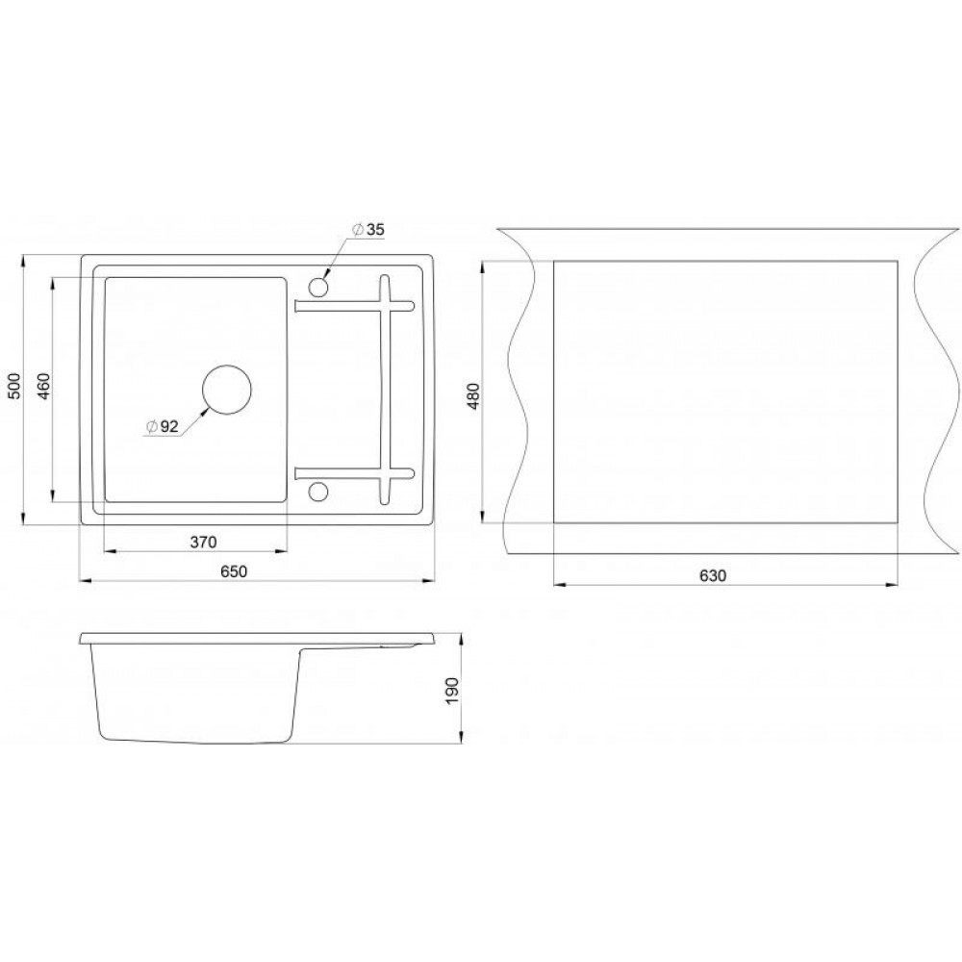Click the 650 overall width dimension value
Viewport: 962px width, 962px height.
pos(234,571)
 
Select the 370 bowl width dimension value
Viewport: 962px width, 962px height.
pos(203,543)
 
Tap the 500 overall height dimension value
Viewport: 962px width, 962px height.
pos(15,386)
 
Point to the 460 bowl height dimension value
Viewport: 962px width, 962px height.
pos(43,386)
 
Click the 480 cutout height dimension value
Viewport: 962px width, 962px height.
pos(473,395)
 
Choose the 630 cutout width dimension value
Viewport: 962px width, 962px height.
pos(712,575)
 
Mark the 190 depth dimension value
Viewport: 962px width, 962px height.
pos(452,691)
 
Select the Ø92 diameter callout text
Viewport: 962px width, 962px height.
pos(162,426)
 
